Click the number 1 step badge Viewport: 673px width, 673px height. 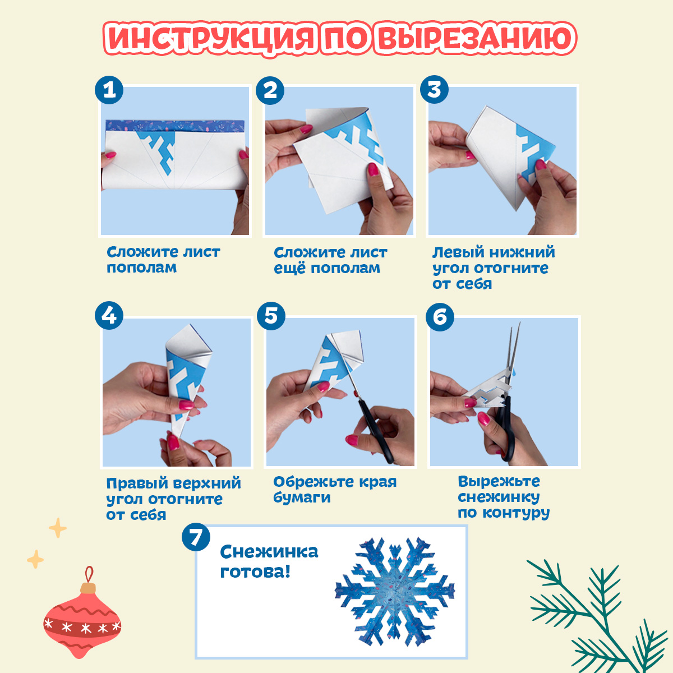pos(109,90)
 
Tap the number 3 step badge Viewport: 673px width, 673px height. pos(434,89)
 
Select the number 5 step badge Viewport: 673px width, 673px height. pos(271,316)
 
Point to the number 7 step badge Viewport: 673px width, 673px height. pos(196,537)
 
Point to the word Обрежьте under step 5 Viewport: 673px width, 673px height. pos(308,482)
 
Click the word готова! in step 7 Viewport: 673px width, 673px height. pos(255,571)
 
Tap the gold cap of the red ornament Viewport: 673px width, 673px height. pos(87,588)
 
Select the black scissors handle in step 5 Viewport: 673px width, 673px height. pos(376,433)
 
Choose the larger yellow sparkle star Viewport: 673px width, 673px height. pos(58,528)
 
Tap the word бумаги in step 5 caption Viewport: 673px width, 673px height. pos(302,498)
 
